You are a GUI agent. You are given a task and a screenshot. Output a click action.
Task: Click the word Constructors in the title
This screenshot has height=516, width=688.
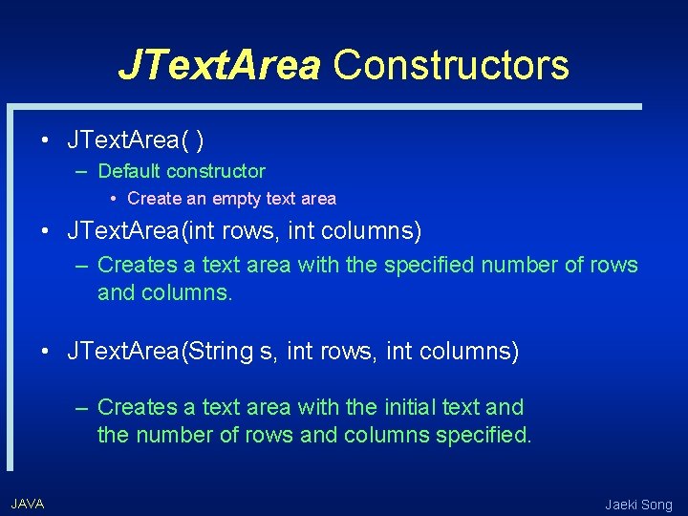click(x=451, y=65)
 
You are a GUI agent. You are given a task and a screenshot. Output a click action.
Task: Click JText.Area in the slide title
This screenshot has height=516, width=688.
click(x=220, y=65)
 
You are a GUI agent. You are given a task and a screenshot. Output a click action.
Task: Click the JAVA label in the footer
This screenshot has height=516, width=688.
click(x=27, y=504)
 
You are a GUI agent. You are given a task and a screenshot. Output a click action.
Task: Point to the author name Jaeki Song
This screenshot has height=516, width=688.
click(x=638, y=505)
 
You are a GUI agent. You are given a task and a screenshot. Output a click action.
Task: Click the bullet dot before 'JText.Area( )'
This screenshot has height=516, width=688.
click(x=45, y=141)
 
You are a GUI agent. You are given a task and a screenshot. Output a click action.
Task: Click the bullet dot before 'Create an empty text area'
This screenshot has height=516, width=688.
click(x=114, y=199)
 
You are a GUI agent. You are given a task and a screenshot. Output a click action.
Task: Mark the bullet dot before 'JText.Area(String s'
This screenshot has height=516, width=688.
click(x=45, y=352)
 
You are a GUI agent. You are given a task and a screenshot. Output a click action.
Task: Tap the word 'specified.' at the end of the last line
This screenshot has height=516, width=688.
click(x=484, y=436)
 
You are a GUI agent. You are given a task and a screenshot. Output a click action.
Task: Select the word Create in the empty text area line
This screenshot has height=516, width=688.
click(x=152, y=199)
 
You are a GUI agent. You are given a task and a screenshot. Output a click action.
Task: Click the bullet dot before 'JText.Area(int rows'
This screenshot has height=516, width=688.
click(x=45, y=231)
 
